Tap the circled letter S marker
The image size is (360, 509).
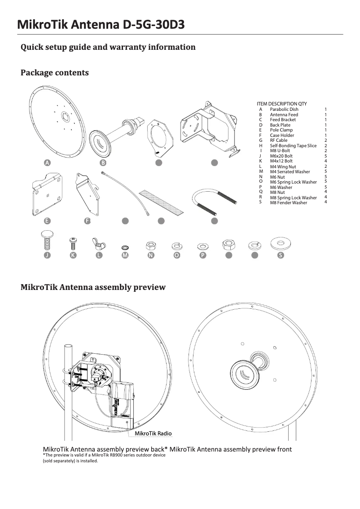pyautogui.click(x=281, y=255)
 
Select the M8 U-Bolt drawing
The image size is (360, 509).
pyautogui.click(x=214, y=201)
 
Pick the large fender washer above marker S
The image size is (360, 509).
pyautogui.click(x=281, y=244)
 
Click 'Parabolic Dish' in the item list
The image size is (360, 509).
pyautogui.click(x=284, y=110)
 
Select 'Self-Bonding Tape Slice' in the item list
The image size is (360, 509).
pyautogui.click(x=293, y=146)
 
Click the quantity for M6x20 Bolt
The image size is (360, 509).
pyautogui.click(x=325, y=156)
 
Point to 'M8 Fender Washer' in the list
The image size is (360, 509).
pyautogui.click(x=288, y=203)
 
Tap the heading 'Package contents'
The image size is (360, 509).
pyautogui.click(x=54, y=73)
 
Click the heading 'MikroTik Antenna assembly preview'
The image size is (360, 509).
pyautogui.click(x=93, y=287)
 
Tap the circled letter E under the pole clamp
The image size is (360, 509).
pyautogui.click(x=47, y=221)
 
